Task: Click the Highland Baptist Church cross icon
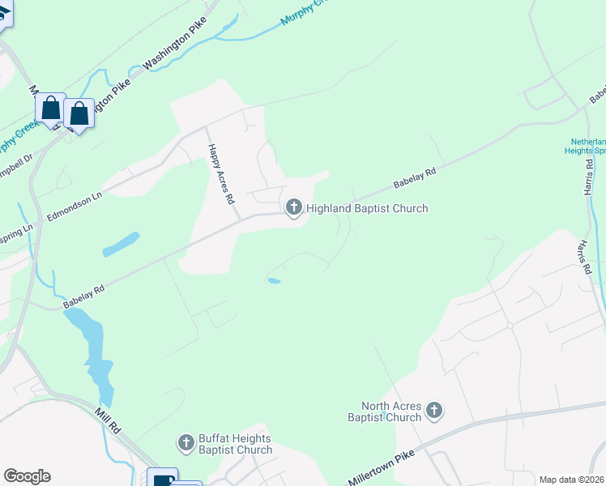pyautogui.click(x=293, y=209)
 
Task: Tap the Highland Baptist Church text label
pyautogui.click(x=366, y=209)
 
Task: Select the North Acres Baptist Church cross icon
pyautogui.click(x=434, y=411)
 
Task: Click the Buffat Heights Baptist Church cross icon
pyautogui.click(x=186, y=443)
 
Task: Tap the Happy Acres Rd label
pyautogui.click(x=220, y=173)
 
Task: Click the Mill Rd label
pyautogui.click(x=108, y=420)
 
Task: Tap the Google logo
pyautogui.click(x=27, y=476)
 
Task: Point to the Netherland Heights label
pyautogui.click(x=587, y=145)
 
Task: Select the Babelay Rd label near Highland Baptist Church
pyautogui.click(x=415, y=177)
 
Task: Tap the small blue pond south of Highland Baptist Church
pyautogui.click(x=274, y=281)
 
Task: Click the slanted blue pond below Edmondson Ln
pyautogui.click(x=122, y=243)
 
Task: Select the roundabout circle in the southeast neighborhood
pyautogui.click(x=510, y=326)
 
